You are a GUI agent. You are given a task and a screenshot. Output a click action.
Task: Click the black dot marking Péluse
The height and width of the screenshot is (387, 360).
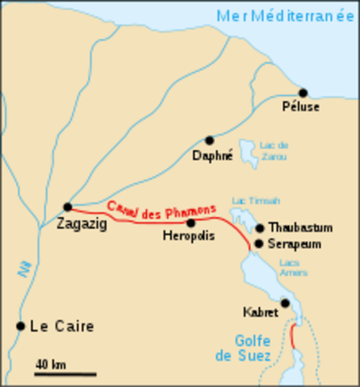303,93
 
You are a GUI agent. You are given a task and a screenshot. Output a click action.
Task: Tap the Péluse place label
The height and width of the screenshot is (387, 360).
303,107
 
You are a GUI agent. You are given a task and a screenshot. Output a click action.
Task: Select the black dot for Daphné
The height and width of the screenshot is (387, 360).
209,140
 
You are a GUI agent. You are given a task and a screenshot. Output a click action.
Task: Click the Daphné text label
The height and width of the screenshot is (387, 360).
212,155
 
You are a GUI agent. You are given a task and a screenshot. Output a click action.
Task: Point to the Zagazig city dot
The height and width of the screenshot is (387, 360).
68,206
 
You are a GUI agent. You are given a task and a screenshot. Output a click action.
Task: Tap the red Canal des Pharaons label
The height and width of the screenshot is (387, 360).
161,208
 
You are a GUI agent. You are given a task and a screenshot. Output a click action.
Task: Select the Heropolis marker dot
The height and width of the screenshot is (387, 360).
191,223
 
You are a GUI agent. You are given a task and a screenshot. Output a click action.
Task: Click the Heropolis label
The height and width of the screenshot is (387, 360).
187,238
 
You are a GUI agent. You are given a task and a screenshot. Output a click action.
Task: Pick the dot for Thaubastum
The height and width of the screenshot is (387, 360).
259,228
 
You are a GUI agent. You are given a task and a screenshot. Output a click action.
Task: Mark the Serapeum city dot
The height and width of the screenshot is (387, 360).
258,243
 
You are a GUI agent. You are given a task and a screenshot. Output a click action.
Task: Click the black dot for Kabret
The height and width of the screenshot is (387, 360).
285,303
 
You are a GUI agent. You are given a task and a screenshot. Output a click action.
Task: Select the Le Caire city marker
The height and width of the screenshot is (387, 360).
20,326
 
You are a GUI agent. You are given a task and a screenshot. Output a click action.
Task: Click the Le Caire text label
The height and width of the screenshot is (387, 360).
62,327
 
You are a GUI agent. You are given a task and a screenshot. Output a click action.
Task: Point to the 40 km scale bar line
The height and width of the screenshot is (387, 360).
65,374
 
